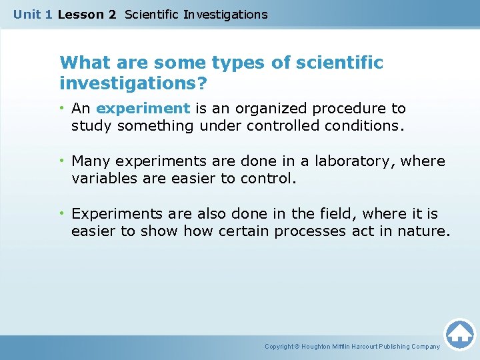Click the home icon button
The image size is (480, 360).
[459, 333]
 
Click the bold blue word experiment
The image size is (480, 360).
[143, 108]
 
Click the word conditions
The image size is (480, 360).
[364, 125]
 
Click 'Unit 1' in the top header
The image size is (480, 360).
[33, 14]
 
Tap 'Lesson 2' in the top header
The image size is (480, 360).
[87, 14]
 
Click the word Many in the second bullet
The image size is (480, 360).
[89, 161]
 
